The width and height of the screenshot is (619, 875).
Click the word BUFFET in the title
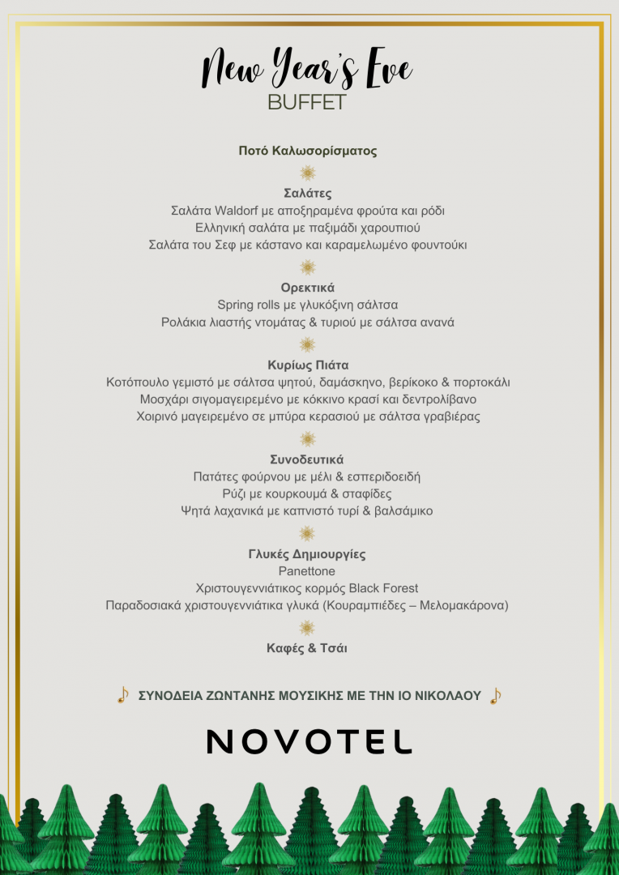[x=307, y=103]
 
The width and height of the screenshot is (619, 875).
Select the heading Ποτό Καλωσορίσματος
[x=308, y=151]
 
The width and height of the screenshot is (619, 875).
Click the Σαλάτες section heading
[x=308, y=194]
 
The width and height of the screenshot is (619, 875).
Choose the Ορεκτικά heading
[x=308, y=288]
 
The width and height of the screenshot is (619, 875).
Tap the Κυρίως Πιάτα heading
[x=308, y=365]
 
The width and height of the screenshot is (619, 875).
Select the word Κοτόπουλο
[x=139, y=382]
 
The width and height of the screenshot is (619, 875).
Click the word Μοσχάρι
[x=165, y=399]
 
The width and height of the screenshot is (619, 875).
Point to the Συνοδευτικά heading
[x=308, y=459]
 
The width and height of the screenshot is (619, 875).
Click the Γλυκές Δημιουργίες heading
[x=307, y=554]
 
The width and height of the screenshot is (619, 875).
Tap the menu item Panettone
[x=307, y=571]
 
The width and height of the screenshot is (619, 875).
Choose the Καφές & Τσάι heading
[x=307, y=648]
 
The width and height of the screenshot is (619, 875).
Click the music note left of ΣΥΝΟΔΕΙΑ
[x=122, y=695]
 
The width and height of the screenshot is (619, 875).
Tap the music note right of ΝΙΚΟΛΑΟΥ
[x=495, y=696]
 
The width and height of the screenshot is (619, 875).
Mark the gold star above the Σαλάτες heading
[x=308, y=173]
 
